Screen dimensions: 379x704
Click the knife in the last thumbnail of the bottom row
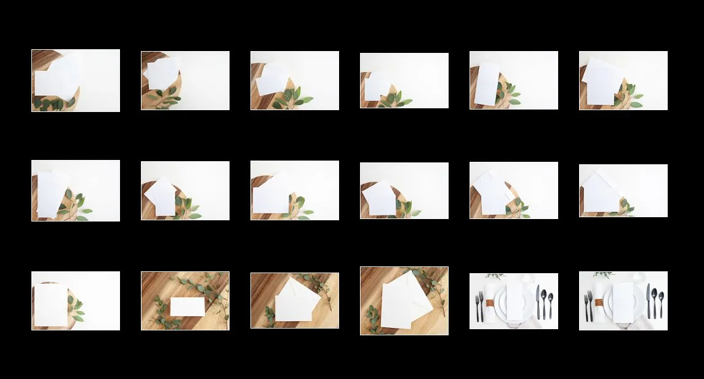click(x=648, y=301)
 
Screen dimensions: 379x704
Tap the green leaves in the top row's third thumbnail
click(x=295, y=99)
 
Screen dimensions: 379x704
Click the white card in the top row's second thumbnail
click(x=163, y=73)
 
